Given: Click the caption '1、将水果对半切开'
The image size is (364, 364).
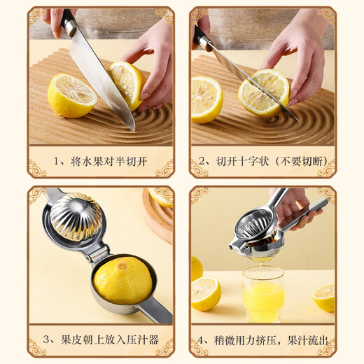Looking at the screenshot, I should tap(101, 162).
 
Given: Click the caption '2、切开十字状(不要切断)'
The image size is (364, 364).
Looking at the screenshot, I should tap(262, 162).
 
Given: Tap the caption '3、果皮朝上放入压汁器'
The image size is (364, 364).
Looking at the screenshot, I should tap(101, 341).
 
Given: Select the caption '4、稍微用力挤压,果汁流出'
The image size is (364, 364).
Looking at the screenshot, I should tap(262, 341).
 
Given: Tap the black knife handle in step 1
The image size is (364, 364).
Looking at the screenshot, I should tap(69, 23).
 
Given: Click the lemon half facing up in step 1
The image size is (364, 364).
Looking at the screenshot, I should tap(71, 95).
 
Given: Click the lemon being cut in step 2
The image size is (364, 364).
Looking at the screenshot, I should tap(262, 93).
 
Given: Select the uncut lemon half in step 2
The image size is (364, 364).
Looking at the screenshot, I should tap(206, 99).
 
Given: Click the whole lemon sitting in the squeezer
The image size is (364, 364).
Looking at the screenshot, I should tap(123, 280).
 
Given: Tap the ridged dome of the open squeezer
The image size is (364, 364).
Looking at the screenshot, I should tap(76, 216).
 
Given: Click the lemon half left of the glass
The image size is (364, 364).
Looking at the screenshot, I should tap(206, 293).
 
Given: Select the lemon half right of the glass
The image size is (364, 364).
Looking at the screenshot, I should tap(323, 297).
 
